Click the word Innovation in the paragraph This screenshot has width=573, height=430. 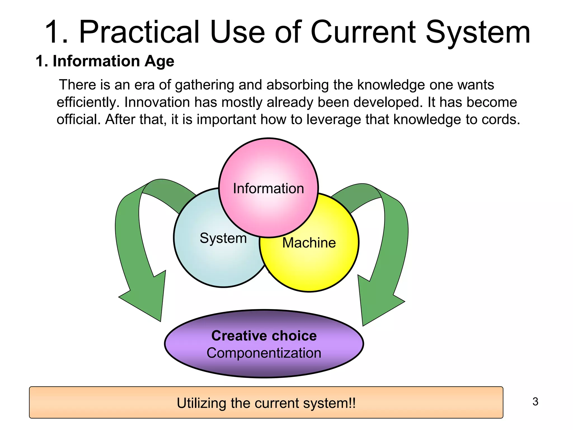pos(157,102)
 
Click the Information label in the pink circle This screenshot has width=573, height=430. pos(268,188)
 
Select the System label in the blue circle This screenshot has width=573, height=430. pos(223,238)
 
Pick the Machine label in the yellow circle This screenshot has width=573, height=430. pos(309,243)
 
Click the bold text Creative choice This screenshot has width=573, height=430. pos(264,336)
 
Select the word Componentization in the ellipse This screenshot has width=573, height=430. pos(264,353)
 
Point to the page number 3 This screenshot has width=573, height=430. pos(535,402)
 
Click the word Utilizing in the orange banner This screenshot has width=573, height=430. pos(202,403)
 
